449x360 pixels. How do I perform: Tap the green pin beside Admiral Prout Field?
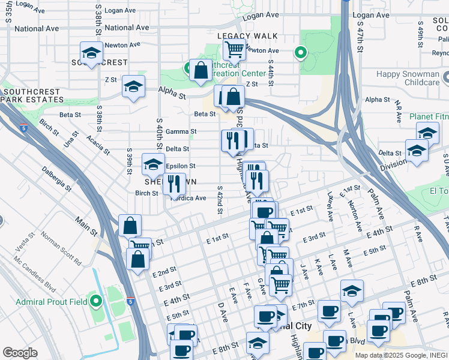pos(96,301)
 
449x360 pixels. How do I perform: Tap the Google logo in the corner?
pos(20,353)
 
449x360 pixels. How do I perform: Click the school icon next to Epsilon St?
pos(153,164)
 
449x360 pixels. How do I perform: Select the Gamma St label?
pos(181,131)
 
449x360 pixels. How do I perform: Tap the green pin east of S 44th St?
pos(300,53)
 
